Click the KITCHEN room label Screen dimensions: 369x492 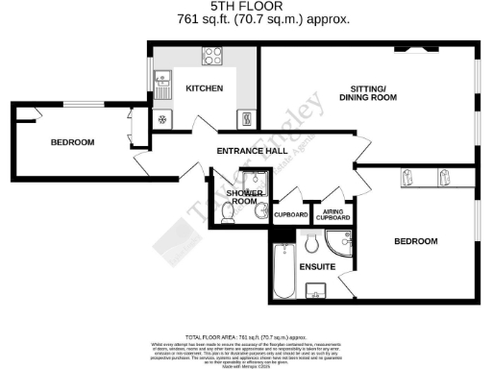205,88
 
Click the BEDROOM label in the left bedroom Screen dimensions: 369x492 73,142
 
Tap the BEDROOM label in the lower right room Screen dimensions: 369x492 415,240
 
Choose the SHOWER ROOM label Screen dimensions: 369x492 242,198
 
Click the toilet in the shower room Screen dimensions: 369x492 227,217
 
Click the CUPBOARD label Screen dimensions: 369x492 290,214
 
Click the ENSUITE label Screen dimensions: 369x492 316,265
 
